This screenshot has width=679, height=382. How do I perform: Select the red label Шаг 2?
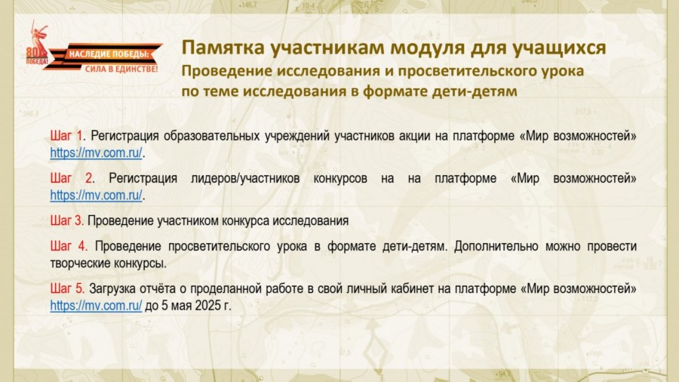click(72, 178)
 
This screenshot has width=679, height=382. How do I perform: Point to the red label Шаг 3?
click(66, 220)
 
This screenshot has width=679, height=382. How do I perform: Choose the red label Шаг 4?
click(69, 246)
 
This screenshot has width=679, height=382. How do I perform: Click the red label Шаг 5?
click(67, 288)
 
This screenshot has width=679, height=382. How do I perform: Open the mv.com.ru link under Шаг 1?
click(96, 153)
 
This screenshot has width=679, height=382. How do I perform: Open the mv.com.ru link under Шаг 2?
click(96, 196)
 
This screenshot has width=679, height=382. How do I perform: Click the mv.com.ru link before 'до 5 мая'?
click(96, 305)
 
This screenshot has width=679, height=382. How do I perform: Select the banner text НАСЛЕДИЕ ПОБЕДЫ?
click(109, 54)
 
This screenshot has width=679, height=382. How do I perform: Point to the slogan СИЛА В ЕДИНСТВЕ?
click(121, 69)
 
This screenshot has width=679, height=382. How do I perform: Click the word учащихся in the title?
click(558, 48)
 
